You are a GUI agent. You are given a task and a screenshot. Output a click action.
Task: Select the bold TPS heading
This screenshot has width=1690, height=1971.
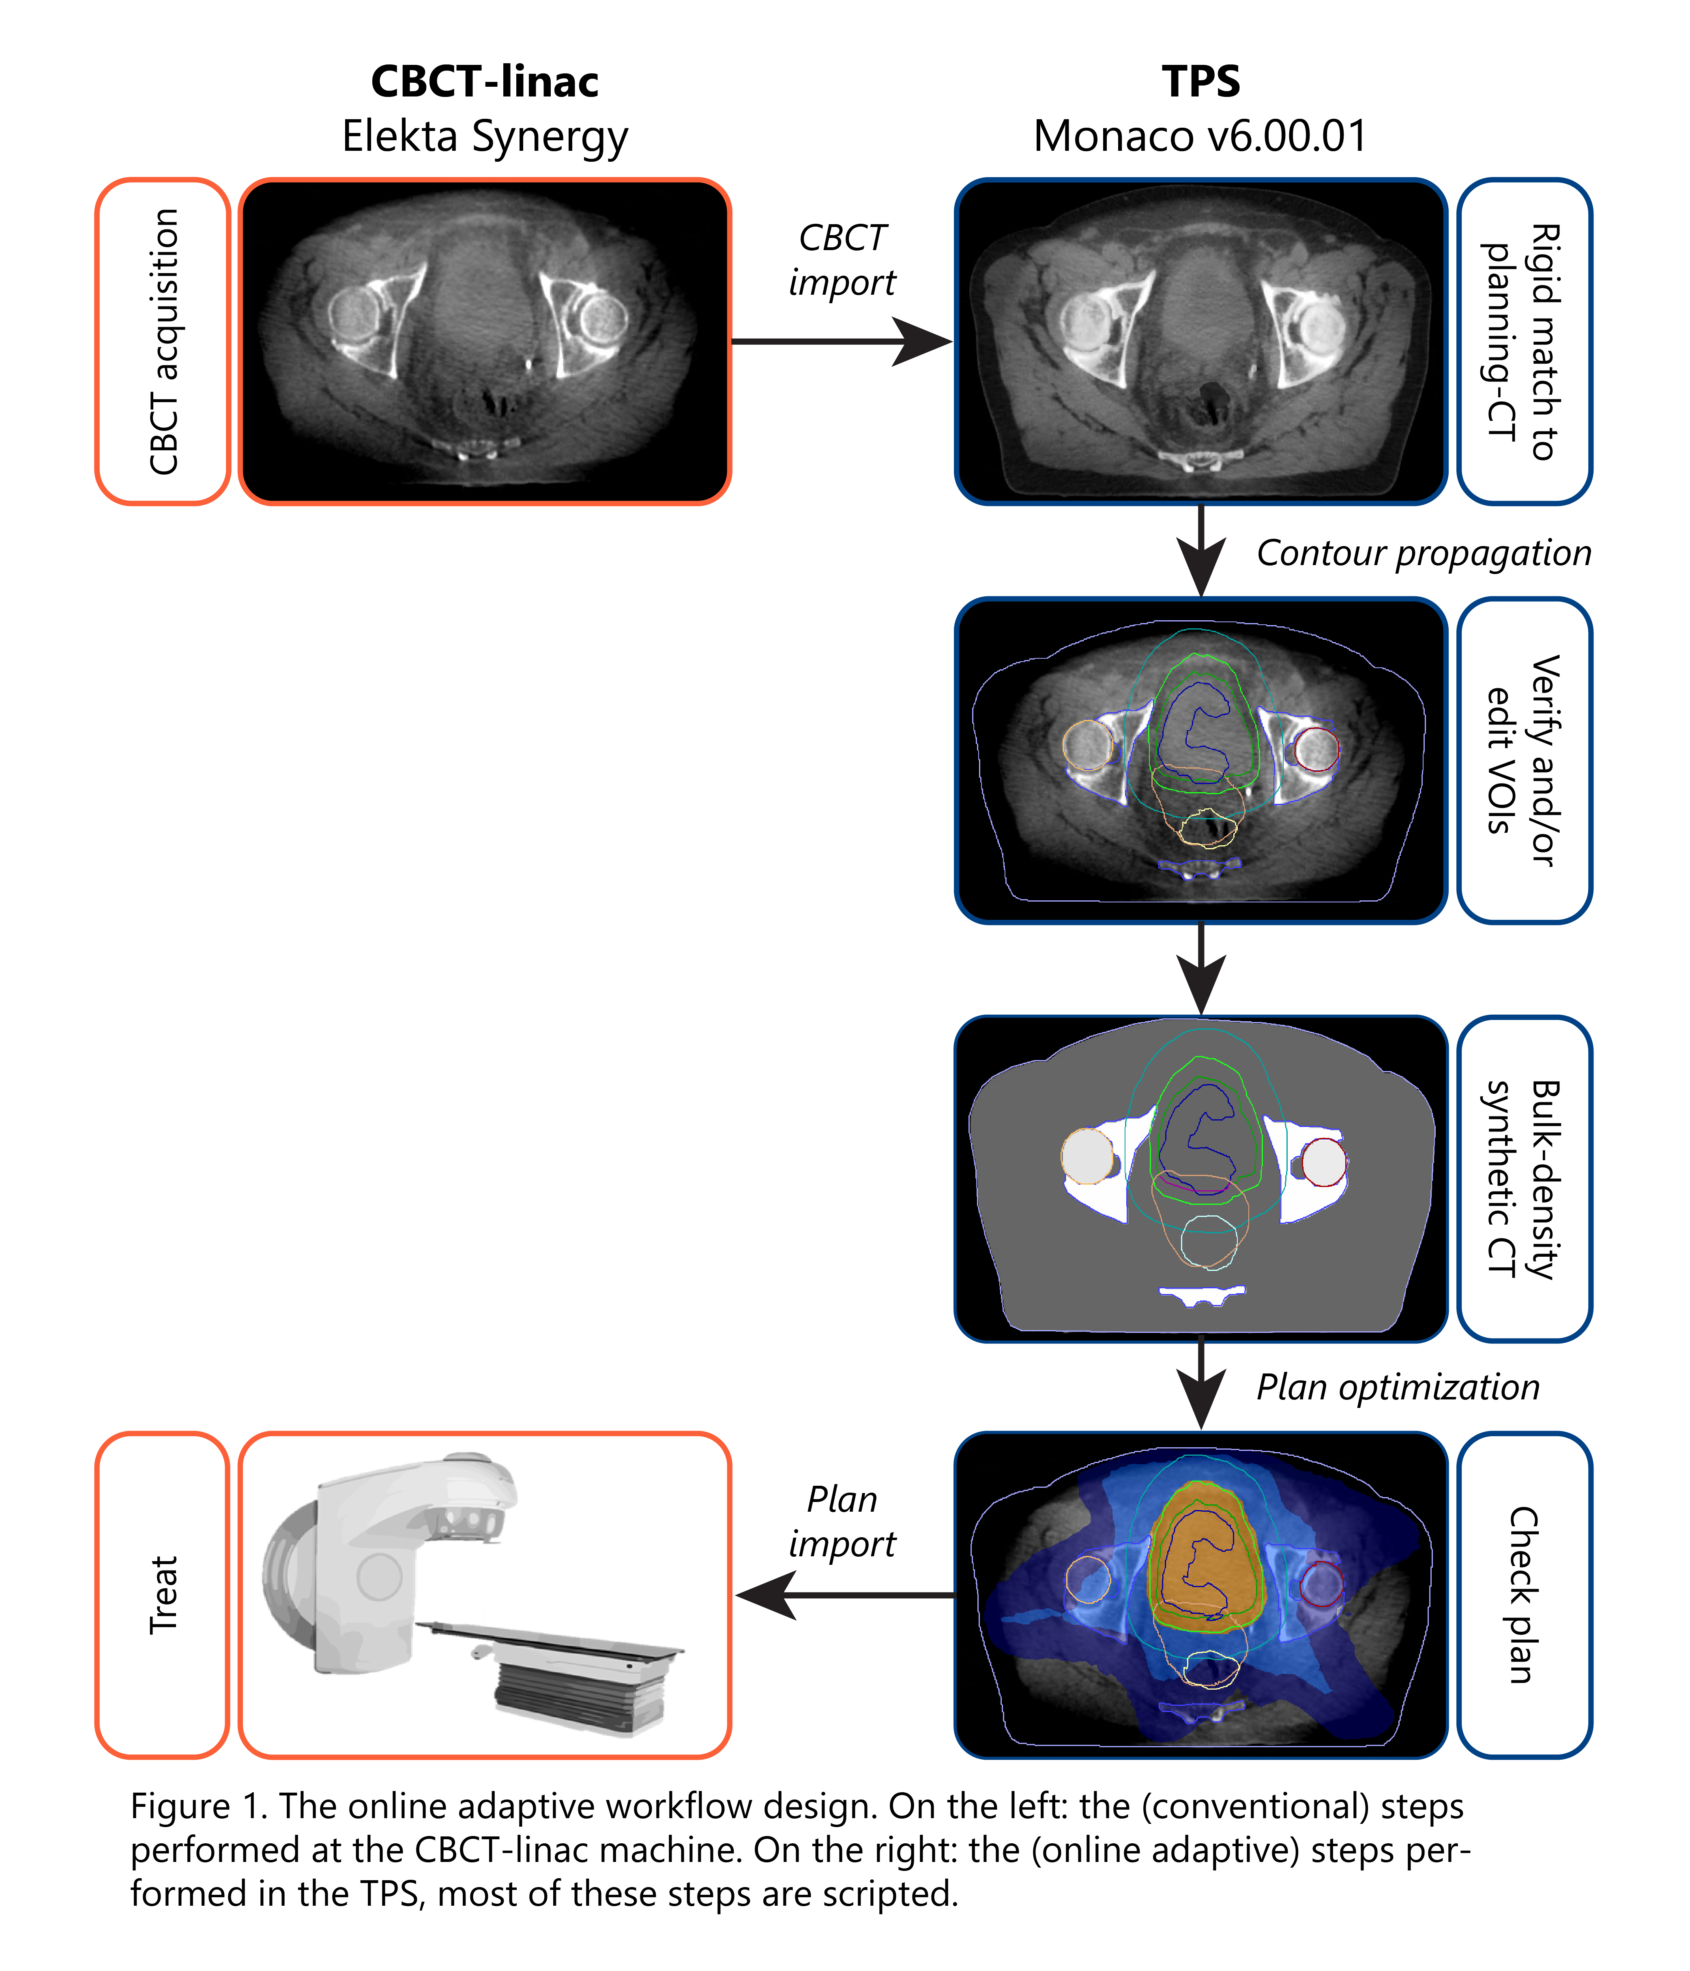[x=1201, y=82]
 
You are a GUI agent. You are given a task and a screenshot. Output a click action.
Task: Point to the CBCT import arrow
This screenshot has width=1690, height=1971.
[x=841, y=341]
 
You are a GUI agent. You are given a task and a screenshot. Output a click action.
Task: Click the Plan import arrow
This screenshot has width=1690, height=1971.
[x=845, y=1595]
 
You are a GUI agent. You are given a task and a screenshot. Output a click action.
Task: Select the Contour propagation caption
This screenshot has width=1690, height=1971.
[x=1424, y=553]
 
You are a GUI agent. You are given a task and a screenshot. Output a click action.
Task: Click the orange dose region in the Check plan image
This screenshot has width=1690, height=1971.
[x=1205, y=1557]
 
